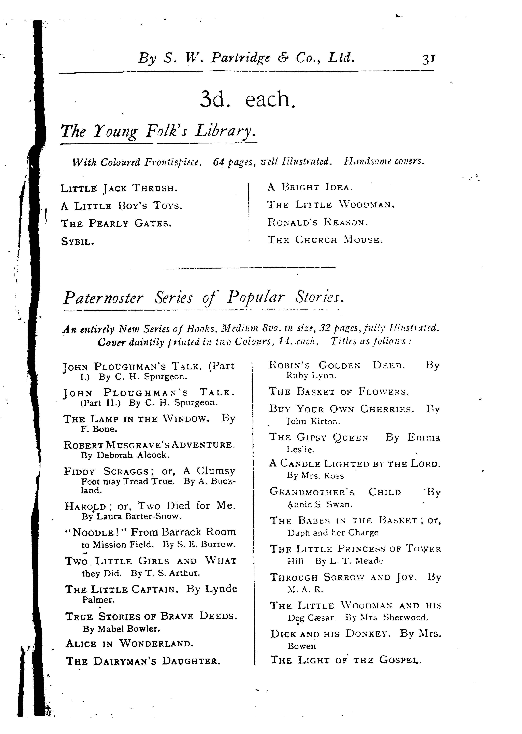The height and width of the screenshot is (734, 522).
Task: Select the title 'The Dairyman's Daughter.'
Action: (143, 661)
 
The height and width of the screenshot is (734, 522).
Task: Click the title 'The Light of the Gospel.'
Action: (345, 660)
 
